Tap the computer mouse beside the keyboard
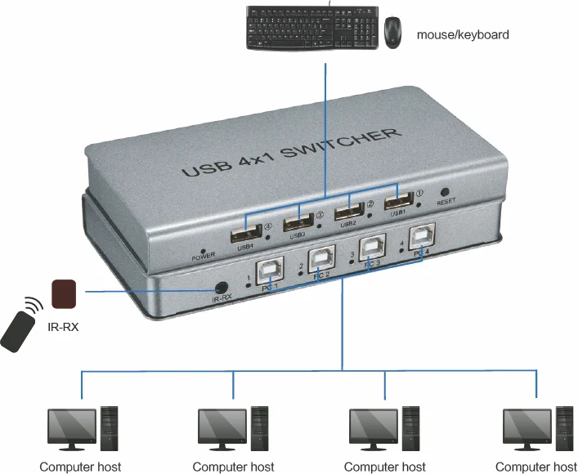(x=393, y=32)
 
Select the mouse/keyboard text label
(x=463, y=35)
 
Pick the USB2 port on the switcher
(x=348, y=210)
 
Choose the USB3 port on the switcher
(x=299, y=221)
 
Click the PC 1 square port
(x=270, y=271)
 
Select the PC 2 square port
(x=322, y=261)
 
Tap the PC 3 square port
(x=372, y=249)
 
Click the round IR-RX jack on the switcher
(x=220, y=288)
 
